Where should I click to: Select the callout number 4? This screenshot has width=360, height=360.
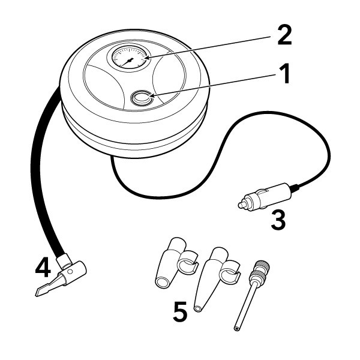(x=42, y=268)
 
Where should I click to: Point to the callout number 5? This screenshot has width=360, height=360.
(x=181, y=311)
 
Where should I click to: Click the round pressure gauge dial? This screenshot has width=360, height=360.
(x=128, y=60)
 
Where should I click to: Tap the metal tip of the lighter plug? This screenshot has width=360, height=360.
(x=241, y=205)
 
